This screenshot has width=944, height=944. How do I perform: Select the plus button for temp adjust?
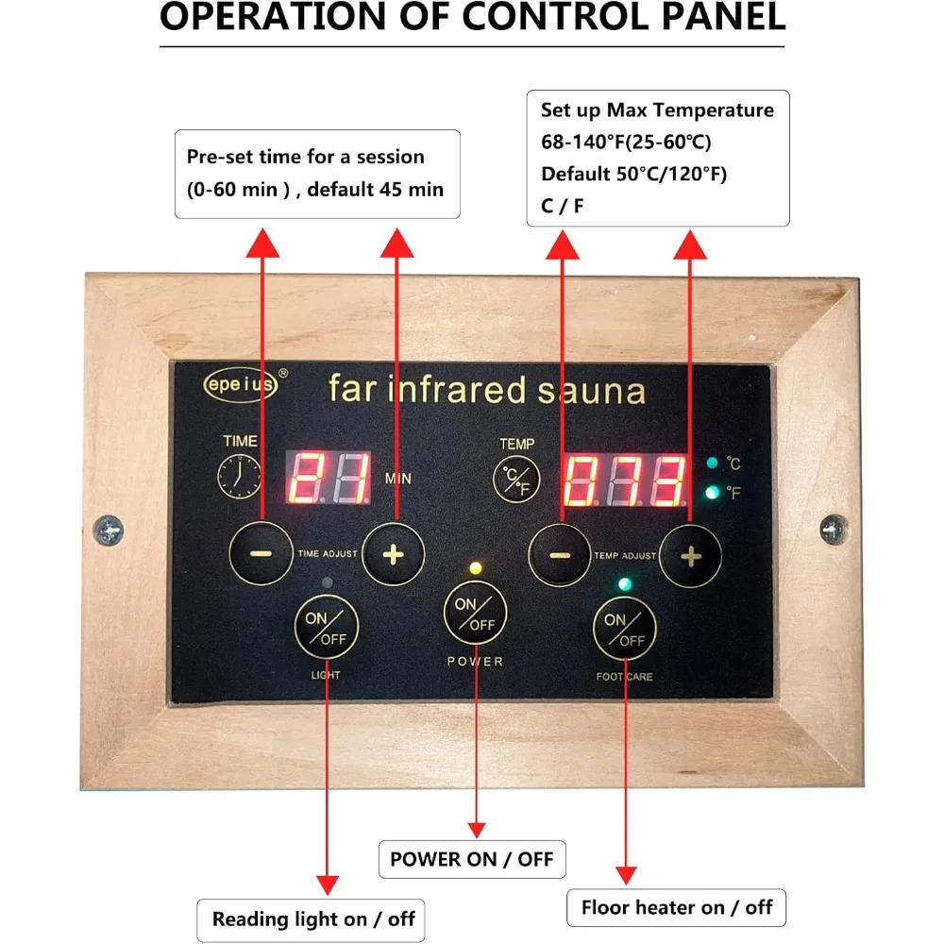click(691, 556)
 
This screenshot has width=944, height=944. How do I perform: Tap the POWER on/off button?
click(475, 614)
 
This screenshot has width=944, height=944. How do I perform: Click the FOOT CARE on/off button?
click(624, 631)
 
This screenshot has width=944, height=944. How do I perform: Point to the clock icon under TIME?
click(241, 477)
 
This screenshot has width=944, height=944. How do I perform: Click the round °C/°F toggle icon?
click(516, 478)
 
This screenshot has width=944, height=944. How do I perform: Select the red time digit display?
click(327, 477)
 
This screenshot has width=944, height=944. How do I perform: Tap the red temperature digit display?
click(625, 480)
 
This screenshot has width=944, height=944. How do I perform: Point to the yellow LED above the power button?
click(475, 569)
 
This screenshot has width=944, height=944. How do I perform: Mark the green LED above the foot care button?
click(624, 583)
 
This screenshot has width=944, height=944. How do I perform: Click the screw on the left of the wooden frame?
click(110, 530)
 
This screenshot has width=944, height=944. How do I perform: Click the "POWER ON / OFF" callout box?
click(472, 859)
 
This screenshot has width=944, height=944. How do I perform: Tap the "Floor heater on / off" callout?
click(676, 908)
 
